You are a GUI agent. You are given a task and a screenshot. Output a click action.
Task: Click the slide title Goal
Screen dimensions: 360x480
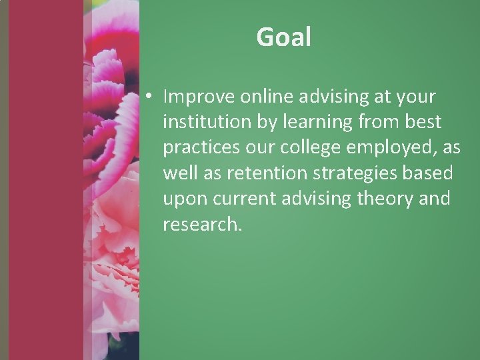coord(284,38)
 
